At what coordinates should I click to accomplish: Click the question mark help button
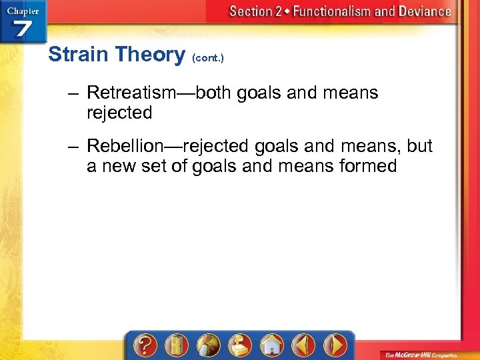(x=145, y=346)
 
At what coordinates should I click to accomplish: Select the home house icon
(x=271, y=346)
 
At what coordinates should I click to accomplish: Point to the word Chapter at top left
(x=22, y=10)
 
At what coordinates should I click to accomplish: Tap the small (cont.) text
(x=208, y=58)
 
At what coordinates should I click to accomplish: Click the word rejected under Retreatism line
(x=119, y=113)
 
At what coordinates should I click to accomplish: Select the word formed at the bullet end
(x=367, y=165)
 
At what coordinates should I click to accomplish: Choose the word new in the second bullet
(x=119, y=165)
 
